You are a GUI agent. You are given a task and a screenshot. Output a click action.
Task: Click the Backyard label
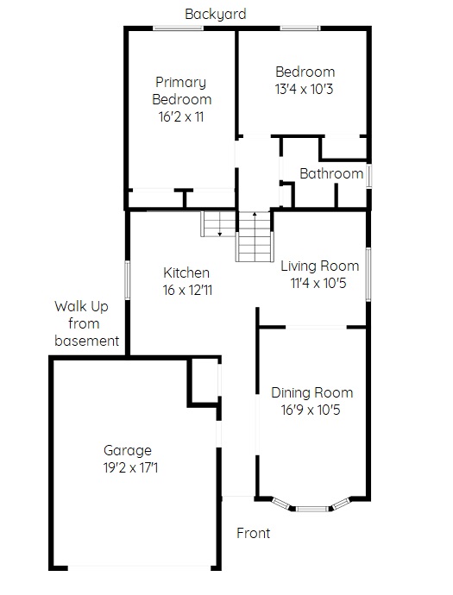coord(216,15)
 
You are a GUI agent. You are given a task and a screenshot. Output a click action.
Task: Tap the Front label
coord(254,533)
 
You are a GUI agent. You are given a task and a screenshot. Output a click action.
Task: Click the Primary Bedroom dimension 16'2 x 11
coord(181,117)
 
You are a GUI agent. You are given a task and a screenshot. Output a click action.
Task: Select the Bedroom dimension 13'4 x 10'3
coord(304,89)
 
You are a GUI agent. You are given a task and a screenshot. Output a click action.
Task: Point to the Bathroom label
coord(331,174)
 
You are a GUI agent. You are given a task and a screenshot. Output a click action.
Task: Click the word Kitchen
coord(186,272)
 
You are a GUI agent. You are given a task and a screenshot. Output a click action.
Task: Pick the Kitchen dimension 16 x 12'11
coord(187,291)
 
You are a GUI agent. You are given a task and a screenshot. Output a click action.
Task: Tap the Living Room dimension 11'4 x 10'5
coord(318,283)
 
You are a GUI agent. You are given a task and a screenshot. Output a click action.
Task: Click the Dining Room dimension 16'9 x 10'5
coord(311,410)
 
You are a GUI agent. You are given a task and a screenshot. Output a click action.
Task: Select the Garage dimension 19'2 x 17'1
coord(130,467)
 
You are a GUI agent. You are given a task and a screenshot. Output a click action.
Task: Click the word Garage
coord(128,450)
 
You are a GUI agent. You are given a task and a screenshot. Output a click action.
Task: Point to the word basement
coord(87,341)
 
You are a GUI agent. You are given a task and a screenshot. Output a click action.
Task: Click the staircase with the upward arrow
coord(255,237)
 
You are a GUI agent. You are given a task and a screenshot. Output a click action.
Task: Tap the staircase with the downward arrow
coord(218,224)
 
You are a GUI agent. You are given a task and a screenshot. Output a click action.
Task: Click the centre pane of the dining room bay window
coord(311,509)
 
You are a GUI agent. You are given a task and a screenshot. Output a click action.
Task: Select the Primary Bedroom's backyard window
coord(178,28)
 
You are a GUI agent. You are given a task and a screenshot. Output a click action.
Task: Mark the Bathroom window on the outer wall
coord(368,175)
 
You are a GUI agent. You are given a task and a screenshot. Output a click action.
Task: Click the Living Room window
coord(368,274)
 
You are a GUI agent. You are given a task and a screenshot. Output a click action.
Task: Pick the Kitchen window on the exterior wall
coord(128,280)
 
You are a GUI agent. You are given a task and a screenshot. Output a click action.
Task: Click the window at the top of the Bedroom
coord(300,28)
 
